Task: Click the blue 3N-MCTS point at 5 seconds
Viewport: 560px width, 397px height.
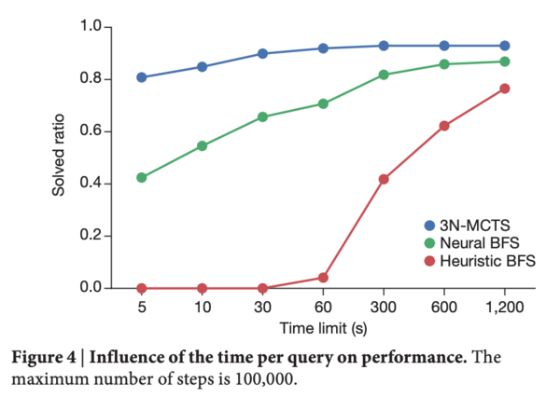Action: [x=142, y=77]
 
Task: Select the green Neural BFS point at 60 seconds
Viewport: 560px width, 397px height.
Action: [x=323, y=103]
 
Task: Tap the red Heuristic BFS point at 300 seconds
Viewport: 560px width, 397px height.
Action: [x=384, y=179]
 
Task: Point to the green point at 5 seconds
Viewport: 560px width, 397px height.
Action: [x=142, y=177]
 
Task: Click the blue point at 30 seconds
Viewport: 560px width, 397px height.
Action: [x=262, y=54]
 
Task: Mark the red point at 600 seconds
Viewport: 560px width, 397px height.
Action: [x=444, y=126]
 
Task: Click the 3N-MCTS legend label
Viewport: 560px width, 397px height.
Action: [x=475, y=226]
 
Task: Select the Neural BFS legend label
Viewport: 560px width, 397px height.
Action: [x=480, y=243]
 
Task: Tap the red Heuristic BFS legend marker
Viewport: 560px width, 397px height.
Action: [x=429, y=261]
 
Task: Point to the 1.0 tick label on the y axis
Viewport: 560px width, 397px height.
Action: [x=91, y=26]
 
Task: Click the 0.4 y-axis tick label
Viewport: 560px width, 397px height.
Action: [x=91, y=183]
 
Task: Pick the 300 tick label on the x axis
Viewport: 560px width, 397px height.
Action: [x=384, y=308]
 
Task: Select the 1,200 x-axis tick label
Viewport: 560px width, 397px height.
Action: [x=505, y=308]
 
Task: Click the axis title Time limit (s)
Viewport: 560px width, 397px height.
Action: [x=323, y=328]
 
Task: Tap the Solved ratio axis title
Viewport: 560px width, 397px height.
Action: [x=58, y=156]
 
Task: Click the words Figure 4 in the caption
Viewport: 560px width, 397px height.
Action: [x=44, y=357]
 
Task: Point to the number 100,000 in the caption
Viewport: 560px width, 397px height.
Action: [x=265, y=378]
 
